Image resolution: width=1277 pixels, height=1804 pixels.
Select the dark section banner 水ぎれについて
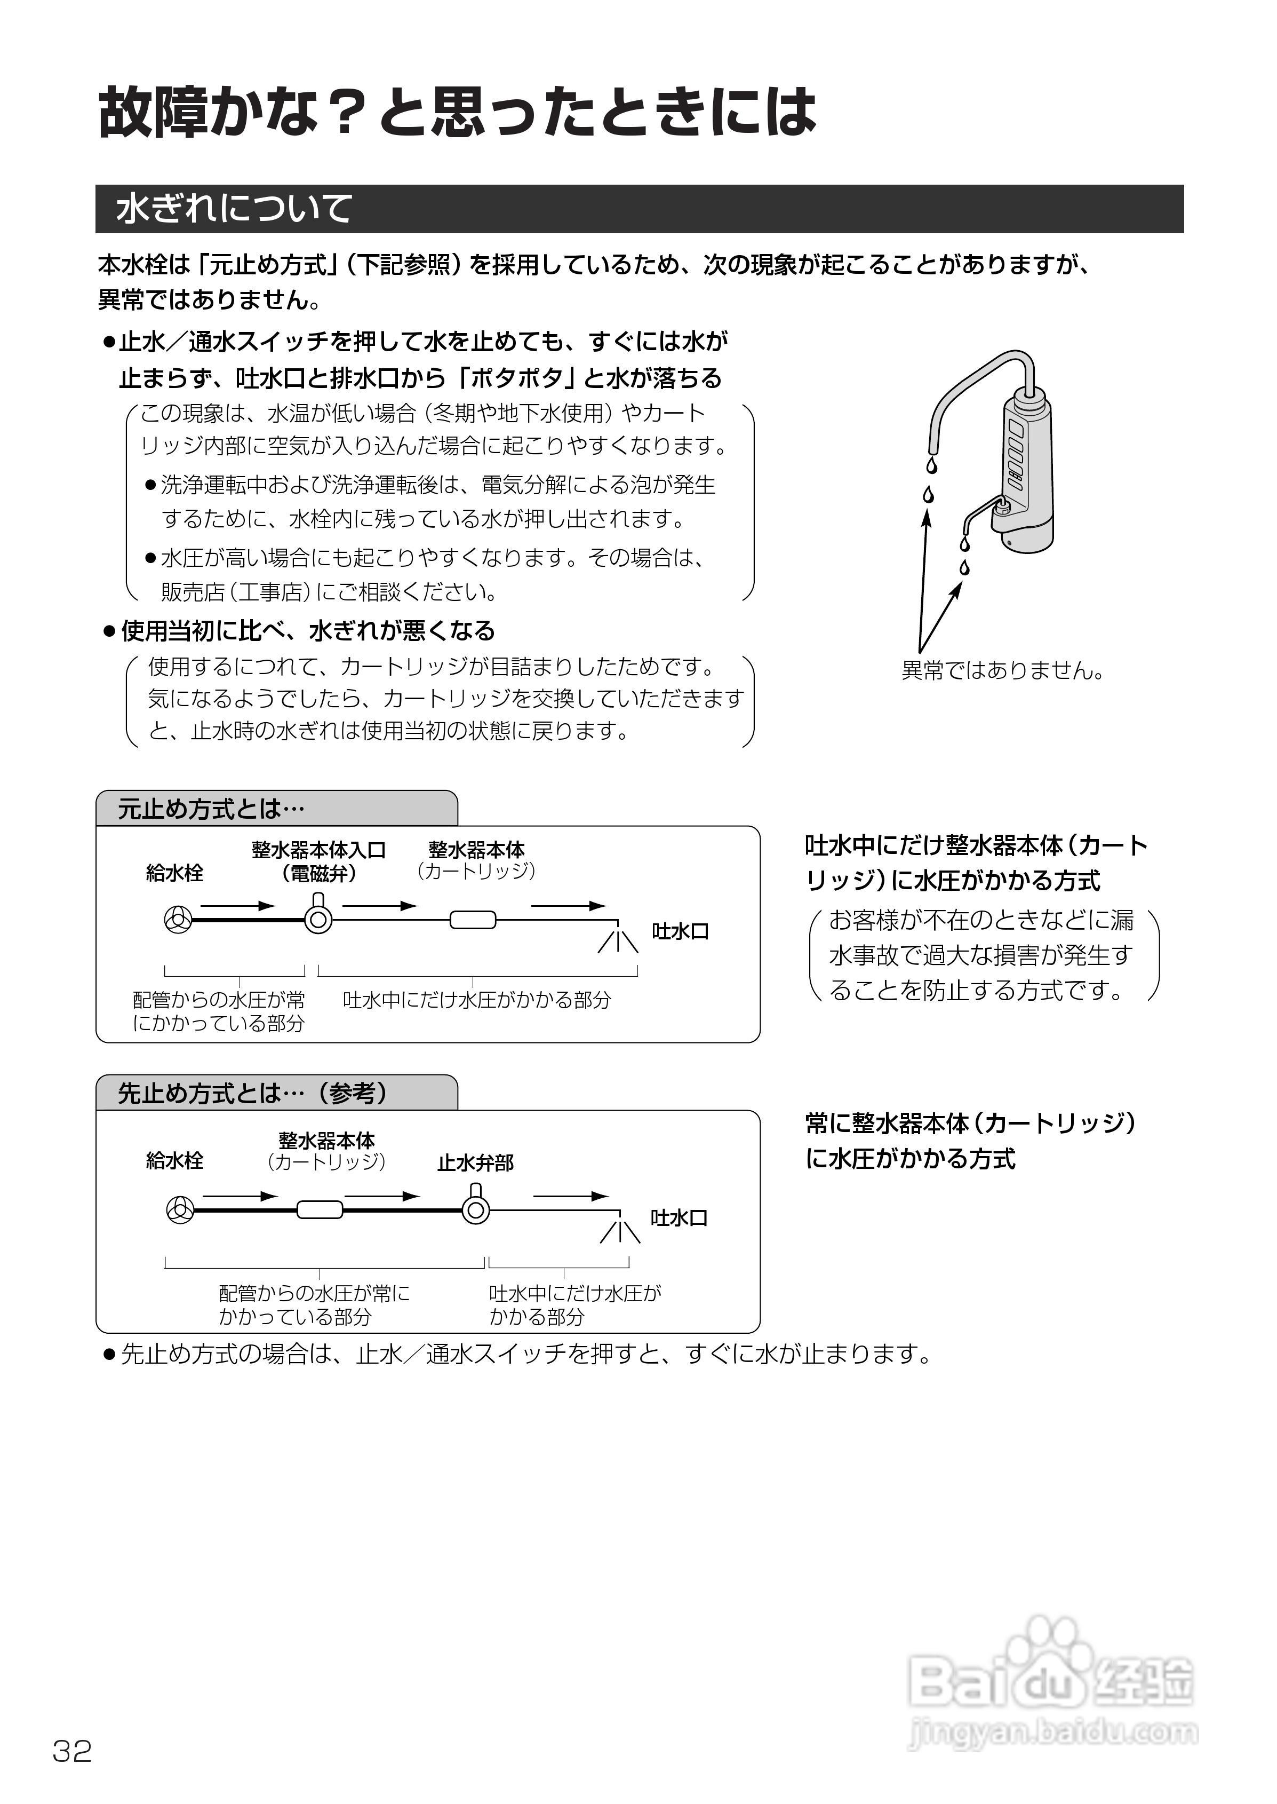638,209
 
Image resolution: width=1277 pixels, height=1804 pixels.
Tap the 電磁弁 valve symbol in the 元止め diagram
318,917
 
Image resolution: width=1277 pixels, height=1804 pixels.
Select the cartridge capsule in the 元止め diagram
473,919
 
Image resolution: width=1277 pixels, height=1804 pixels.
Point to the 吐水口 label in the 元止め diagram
680,931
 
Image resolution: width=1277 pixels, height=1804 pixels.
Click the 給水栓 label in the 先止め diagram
174,1160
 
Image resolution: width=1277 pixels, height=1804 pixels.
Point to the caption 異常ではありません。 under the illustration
1003,670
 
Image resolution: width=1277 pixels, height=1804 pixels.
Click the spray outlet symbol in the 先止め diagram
620,1229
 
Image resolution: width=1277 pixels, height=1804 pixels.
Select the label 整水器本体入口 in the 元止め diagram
318,850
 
